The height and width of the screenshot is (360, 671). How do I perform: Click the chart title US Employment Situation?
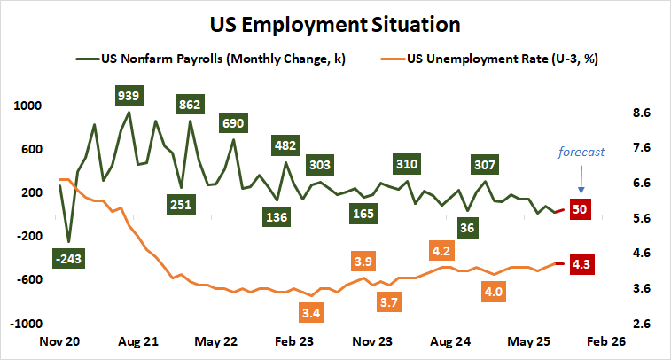(335, 21)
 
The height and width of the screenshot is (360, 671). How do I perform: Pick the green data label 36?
(467, 228)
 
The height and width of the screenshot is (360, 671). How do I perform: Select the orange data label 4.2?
(441, 250)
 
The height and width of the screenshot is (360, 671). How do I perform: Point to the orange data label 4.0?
(494, 291)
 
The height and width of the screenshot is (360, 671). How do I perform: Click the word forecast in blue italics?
(581, 152)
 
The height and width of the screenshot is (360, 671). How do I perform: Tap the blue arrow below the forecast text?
(581, 180)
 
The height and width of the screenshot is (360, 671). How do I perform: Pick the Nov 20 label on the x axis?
(59, 341)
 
